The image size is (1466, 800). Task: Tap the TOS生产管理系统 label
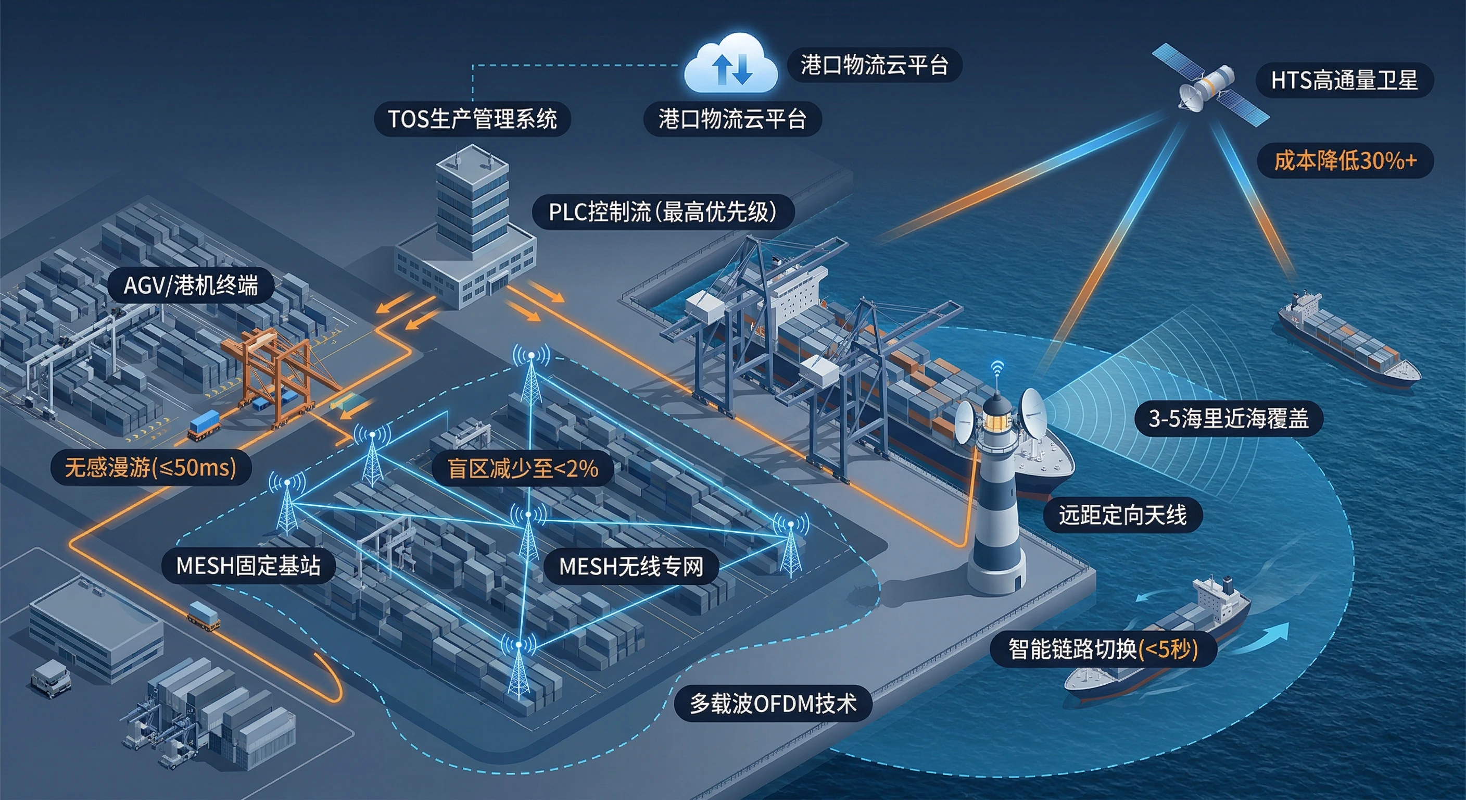[472, 119]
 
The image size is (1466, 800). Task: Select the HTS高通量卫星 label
[1344, 80]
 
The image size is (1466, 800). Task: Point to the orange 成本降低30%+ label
[1344, 160]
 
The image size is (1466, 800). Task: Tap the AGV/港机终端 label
[191, 285]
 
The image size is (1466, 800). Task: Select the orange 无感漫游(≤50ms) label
[150, 468]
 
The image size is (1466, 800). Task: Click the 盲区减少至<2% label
[523, 469]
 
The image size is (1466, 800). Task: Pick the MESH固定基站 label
[248, 566]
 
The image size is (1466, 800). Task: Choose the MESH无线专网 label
[630, 566]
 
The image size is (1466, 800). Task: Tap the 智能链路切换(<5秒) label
[1103, 648]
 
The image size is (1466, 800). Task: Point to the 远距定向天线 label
[1122, 515]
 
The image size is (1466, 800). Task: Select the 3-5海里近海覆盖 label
[1228, 419]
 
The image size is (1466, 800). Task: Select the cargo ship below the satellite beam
[1349, 342]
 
